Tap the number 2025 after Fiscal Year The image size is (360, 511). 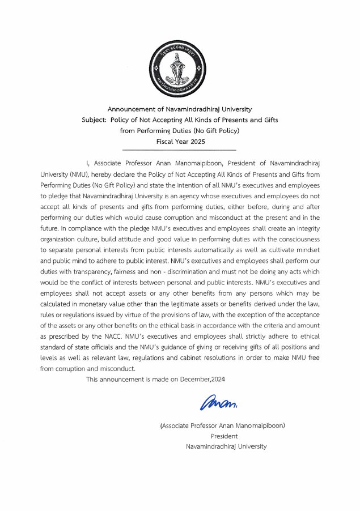point(195,141)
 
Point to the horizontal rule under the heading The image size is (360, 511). point(179,148)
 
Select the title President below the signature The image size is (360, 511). point(224,436)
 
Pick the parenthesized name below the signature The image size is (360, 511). point(223,425)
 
